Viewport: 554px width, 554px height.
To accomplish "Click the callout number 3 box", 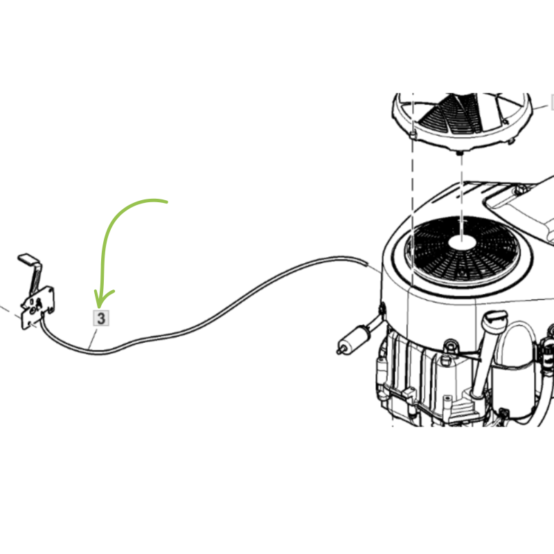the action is click(x=100, y=318).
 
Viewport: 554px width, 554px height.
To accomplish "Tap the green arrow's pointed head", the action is click(x=99, y=307).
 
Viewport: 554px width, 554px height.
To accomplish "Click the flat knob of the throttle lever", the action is click(x=28, y=258).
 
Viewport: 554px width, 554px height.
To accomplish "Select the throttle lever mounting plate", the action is click(x=38, y=307).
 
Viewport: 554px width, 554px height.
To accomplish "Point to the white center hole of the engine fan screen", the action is click(x=462, y=243).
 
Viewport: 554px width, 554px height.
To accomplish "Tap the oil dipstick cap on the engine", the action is click(x=494, y=317).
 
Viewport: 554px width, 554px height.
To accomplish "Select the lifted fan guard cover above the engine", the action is click(x=461, y=121).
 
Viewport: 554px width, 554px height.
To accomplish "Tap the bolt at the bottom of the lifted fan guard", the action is click(x=460, y=153).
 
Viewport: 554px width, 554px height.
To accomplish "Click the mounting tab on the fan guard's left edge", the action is click(x=413, y=134).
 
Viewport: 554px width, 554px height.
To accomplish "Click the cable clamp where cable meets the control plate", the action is click(x=43, y=314).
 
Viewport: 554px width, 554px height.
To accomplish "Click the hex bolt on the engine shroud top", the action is click(x=521, y=189).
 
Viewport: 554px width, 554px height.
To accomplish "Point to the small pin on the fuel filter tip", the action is click(x=339, y=351).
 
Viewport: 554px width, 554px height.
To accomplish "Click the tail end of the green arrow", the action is click(x=166, y=202).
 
